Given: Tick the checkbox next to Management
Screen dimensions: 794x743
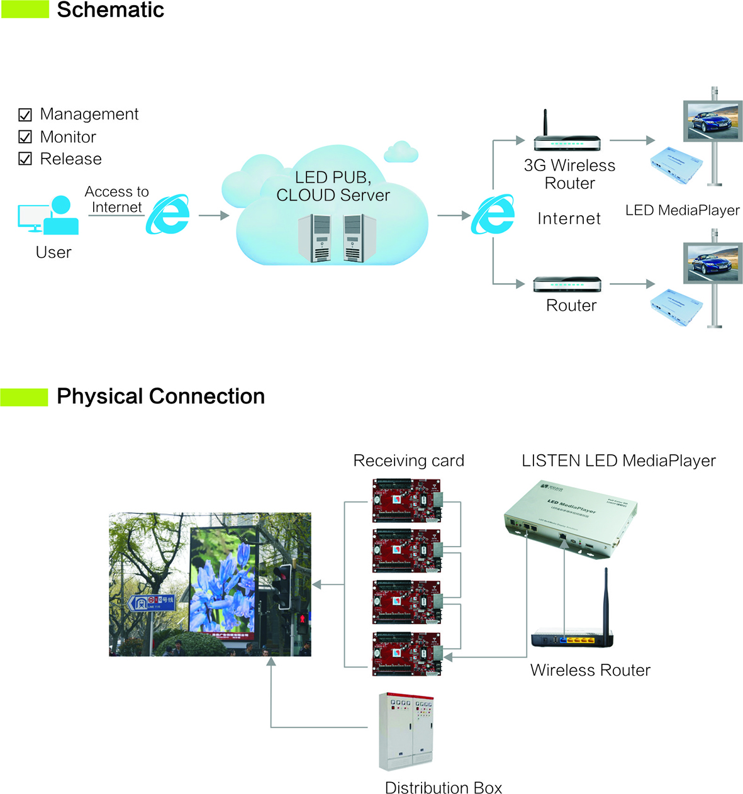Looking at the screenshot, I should [x=25, y=115].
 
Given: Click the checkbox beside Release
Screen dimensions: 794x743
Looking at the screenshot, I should [x=25, y=159].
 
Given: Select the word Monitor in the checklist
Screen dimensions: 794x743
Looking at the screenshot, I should [x=68, y=137].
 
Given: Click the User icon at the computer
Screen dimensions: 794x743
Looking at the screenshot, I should [x=49, y=215].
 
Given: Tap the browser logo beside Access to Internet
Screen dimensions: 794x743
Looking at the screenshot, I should [x=168, y=215].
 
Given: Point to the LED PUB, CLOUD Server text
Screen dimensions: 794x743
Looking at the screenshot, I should [x=333, y=186].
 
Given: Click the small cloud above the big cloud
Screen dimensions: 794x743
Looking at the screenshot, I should [x=401, y=152].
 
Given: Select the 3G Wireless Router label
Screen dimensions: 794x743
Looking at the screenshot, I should [x=569, y=174].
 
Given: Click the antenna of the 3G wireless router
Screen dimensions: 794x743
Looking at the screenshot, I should [x=545, y=123].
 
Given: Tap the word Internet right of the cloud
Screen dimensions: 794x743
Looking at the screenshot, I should [x=569, y=218].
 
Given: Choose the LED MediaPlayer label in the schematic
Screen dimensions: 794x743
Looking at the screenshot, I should [x=682, y=210].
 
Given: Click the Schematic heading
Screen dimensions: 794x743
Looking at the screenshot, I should [x=110, y=10].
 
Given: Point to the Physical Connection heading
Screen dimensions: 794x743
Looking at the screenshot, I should [x=160, y=396].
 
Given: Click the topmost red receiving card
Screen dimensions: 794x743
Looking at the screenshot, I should [x=406, y=501].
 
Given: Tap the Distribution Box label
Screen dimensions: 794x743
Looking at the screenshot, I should [x=443, y=788].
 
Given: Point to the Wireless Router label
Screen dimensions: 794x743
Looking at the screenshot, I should [x=590, y=670].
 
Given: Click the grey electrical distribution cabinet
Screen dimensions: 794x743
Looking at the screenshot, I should [x=406, y=731].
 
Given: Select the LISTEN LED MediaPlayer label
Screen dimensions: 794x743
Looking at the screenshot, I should [x=618, y=461].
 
